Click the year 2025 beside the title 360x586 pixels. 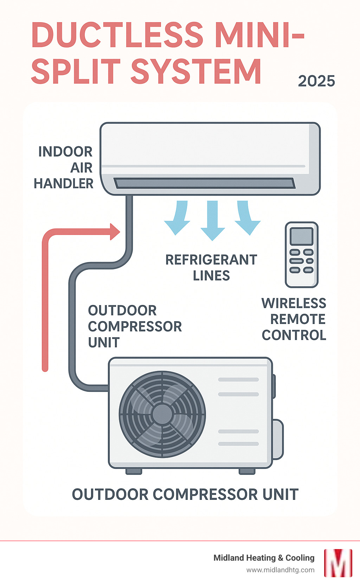click(x=316, y=81)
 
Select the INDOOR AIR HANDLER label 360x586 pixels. click(x=64, y=167)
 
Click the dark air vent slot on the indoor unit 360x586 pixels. click(x=204, y=183)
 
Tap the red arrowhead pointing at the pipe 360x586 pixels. click(x=115, y=232)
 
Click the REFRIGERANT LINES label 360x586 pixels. click(x=211, y=268)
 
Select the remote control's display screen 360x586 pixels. click(x=301, y=236)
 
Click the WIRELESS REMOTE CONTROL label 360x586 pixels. click(x=294, y=319)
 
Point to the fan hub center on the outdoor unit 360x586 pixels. click(x=162, y=414)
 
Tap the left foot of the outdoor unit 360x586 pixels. click(x=134, y=471)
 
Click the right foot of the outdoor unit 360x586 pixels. click(x=247, y=471)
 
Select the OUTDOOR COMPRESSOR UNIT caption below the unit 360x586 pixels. click(x=185, y=495)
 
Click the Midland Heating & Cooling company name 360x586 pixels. click(x=264, y=558)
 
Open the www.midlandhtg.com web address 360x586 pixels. click(x=280, y=570)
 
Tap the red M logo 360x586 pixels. click(x=338, y=563)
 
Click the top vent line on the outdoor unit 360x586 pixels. click(x=238, y=380)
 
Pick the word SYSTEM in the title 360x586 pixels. click(x=196, y=71)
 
